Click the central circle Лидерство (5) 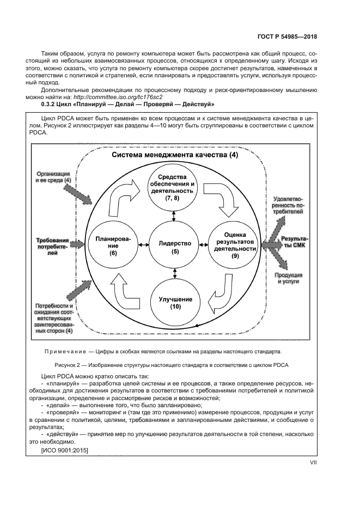tap(174, 247)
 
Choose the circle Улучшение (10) tap(175, 303)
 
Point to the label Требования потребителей tap(52, 246)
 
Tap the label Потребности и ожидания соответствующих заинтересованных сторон tap(54, 318)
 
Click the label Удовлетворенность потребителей tap(294, 207)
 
